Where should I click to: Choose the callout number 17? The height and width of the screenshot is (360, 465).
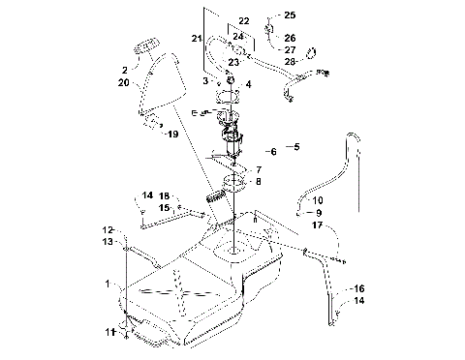[317, 225]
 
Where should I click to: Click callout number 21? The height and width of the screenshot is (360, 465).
[197, 38]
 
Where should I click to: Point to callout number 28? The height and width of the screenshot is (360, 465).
[290, 62]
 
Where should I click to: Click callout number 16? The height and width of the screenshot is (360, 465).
[357, 288]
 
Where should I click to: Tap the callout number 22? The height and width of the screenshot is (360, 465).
[244, 20]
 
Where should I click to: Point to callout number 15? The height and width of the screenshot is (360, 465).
[165, 207]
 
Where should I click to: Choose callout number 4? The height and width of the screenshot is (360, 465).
[249, 84]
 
